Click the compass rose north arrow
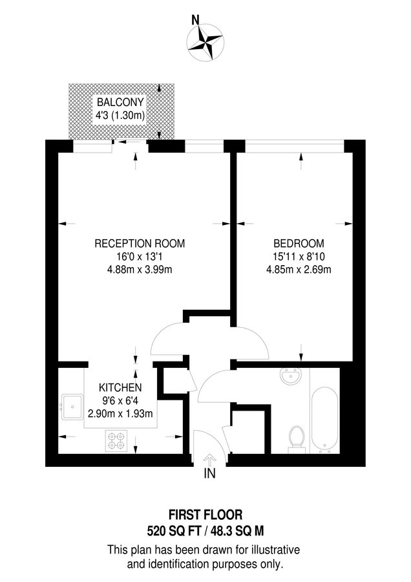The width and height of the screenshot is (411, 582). click(x=205, y=41)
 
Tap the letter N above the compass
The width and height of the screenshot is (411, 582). click(x=195, y=19)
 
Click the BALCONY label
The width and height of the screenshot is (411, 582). click(x=120, y=103)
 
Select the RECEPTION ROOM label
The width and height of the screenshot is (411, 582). click(x=140, y=244)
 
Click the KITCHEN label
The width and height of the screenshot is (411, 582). click(x=120, y=387)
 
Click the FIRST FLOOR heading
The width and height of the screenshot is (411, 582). click(x=205, y=515)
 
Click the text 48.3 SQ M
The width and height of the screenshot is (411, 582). click(x=239, y=531)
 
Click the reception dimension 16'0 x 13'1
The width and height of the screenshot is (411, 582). click(x=140, y=257)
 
